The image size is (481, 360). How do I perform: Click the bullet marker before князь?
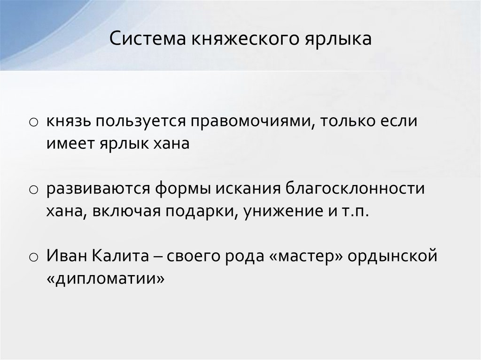coord(33,123)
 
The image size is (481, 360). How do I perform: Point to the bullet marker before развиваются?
coord(33,190)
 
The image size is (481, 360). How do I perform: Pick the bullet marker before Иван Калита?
coord(33,257)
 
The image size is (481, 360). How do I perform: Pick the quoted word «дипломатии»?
coord(106,278)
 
